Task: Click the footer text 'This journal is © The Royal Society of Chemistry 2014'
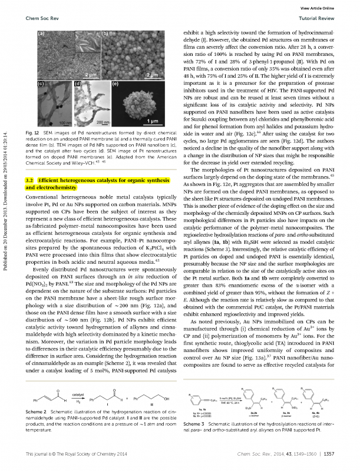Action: click(x=72, y=454)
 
